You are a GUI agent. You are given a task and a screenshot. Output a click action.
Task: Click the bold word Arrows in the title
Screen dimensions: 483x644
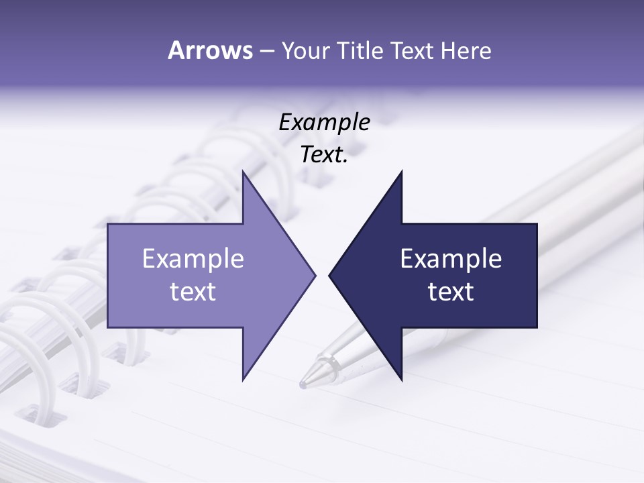point(209,50)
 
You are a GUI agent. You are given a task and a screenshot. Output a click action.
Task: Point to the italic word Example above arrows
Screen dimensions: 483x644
point(324,122)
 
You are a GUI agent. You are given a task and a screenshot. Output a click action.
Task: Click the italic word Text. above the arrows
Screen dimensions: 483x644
point(324,155)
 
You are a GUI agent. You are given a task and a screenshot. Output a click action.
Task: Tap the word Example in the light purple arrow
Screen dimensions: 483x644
point(193,258)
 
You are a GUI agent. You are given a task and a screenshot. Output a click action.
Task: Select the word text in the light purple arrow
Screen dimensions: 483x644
point(193,291)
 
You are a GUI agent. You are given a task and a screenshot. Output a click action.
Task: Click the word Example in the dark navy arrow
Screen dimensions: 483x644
point(451,258)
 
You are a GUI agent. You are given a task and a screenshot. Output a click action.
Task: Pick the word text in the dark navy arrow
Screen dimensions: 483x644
point(451,291)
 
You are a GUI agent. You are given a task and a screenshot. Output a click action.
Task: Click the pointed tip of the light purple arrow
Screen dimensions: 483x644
point(314,275)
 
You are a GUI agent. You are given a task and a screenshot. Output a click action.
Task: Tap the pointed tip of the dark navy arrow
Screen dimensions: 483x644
point(331,275)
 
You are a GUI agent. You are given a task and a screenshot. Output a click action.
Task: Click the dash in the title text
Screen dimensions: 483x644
point(266,51)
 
